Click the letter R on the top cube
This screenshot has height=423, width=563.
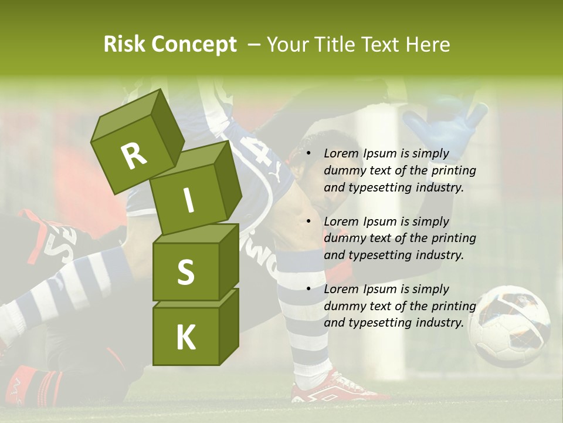pos(134,156)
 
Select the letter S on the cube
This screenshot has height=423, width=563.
pos(185,273)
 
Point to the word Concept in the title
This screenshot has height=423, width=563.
pos(194,45)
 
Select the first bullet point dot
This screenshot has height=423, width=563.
pos(309,154)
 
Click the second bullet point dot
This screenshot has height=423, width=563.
pos(309,222)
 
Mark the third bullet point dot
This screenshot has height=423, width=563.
pos(309,290)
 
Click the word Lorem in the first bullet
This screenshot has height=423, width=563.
pos(341,154)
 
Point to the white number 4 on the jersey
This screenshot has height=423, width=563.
pos(262,152)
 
